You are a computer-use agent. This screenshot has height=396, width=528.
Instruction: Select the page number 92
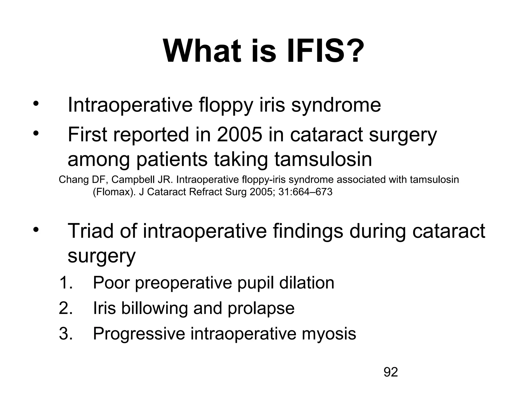click(391, 372)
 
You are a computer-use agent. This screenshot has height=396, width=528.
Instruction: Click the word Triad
click(90, 231)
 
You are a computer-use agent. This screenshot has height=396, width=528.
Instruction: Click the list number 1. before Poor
click(66, 283)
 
